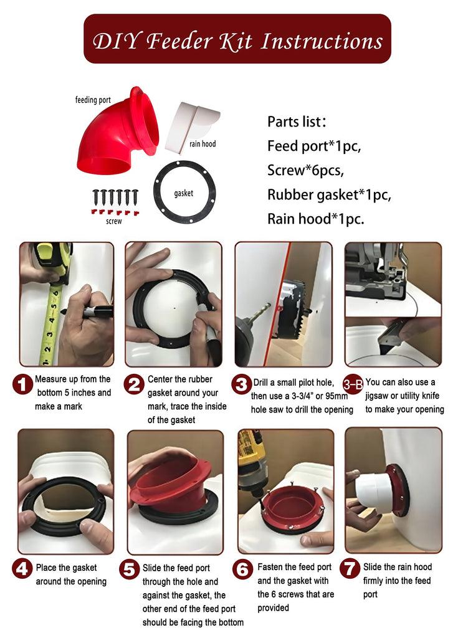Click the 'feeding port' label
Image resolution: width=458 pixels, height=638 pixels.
click(93, 100)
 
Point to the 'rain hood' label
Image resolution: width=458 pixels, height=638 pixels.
click(203, 144)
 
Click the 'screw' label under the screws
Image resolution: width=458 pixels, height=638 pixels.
click(114, 221)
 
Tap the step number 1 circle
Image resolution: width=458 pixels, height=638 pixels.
click(22, 384)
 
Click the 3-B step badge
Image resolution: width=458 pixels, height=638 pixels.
click(353, 384)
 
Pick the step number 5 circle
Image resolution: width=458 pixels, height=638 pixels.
click(130, 569)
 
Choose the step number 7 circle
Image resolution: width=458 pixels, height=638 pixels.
click(350, 568)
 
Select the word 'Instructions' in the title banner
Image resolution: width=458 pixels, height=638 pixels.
click(322, 42)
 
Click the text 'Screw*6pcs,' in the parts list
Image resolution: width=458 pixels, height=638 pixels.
click(305, 170)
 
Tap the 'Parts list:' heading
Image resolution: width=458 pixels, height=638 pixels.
click(297, 121)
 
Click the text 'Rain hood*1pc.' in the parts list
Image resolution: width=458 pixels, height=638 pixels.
click(315, 219)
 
